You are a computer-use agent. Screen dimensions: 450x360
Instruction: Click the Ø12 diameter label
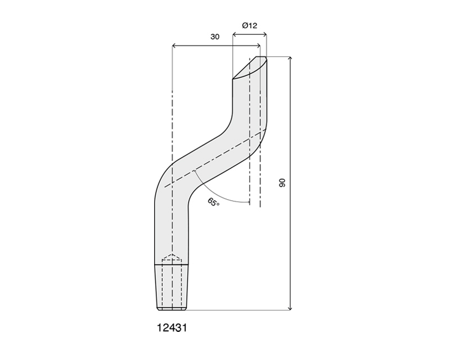coord(249,25)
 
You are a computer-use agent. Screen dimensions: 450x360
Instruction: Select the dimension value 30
coord(215,37)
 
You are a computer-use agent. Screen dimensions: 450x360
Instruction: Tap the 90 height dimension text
coord(282,183)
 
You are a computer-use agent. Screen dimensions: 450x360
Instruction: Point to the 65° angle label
coord(213,202)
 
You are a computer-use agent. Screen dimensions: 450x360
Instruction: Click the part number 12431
coord(172,327)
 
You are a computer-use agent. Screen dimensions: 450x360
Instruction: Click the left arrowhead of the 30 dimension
coord(174,46)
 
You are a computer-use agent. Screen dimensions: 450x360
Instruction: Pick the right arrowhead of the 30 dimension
coord(259,46)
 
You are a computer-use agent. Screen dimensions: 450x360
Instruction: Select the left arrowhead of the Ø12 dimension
coord(234,35)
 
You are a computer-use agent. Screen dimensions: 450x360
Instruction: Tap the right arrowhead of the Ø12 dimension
coord(265,35)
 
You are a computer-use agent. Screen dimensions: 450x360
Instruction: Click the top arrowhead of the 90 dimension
coord(291,58)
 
